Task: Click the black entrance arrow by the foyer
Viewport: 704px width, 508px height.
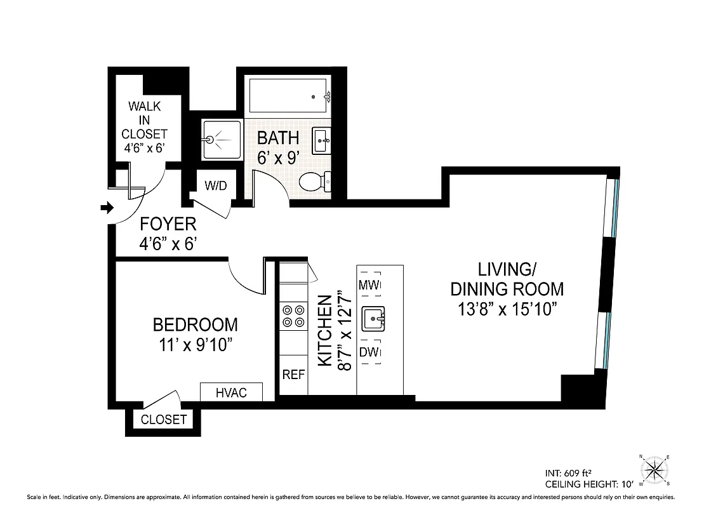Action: click(107, 208)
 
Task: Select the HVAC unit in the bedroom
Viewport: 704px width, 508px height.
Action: click(231, 392)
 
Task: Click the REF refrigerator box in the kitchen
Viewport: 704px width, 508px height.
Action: click(293, 375)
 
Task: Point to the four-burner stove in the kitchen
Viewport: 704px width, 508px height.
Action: click(293, 316)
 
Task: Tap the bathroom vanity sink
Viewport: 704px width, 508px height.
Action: click(321, 140)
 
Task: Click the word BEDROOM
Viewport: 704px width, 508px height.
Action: click(195, 325)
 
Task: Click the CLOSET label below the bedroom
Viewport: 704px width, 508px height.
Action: click(164, 420)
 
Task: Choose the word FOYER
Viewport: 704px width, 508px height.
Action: click(168, 224)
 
